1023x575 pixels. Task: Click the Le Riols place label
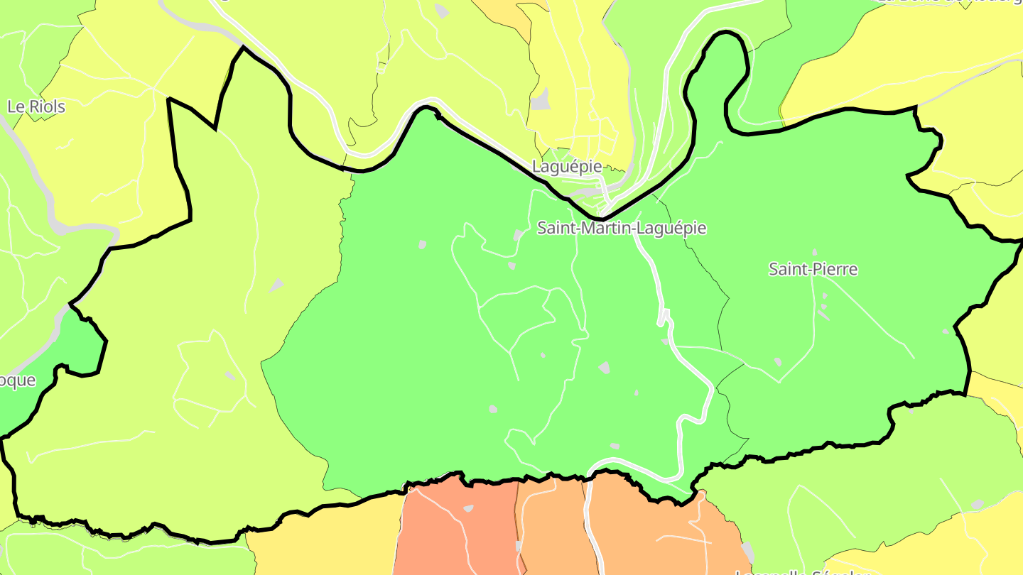pyautogui.click(x=36, y=107)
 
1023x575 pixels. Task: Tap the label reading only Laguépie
pyautogui.click(x=567, y=167)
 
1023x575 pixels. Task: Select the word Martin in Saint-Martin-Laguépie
pyautogui.click(x=605, y=229)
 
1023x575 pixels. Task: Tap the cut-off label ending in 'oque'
pyautogui.click(x=17, y=380)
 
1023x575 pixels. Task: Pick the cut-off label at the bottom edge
pyautogui.click(x=803, y=571)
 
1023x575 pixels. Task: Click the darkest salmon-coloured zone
pyautogui.click(x=455, y=529)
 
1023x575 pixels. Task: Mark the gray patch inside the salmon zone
pyautogui.click(x=468, y=508)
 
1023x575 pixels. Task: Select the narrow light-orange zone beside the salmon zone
pyautogui.click(x=551, y=529)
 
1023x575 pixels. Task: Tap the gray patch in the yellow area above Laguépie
pyautogui.click(x=541, y=99)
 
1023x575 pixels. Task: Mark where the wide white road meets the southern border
pyautogui.click(x=590, y=474)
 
